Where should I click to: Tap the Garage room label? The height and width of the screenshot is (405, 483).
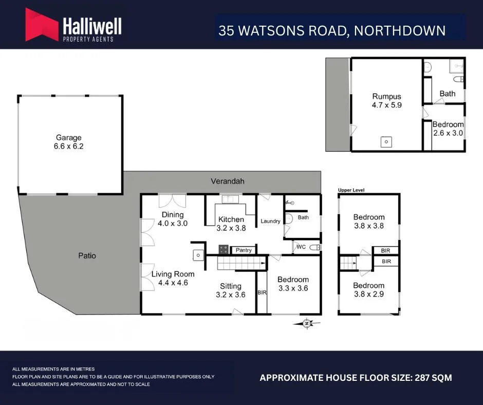(69, 138)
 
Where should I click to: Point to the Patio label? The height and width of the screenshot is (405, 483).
(87, 255)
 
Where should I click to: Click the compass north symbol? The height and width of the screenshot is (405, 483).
(307, 323)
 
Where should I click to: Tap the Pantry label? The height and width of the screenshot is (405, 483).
(244, 250)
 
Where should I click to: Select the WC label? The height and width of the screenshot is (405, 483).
(301, 247)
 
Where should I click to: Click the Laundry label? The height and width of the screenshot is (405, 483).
(270, 222)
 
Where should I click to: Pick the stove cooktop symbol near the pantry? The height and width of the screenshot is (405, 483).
(224, 250)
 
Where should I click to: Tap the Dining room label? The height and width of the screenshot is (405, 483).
(173, 215)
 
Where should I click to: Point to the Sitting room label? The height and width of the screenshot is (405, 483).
(230, 286)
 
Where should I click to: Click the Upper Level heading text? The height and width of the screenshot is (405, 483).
(351, 190)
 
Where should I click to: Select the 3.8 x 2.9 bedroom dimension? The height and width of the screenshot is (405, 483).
(368, 294)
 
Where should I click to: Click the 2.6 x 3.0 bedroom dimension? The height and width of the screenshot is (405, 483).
(448, 133)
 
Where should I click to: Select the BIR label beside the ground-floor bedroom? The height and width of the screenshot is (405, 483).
(262, 292)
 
